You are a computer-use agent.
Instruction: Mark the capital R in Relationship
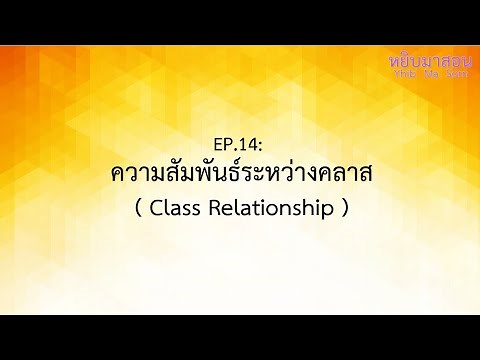(x=220, y=210)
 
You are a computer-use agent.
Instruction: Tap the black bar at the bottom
(x=240, y=337)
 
